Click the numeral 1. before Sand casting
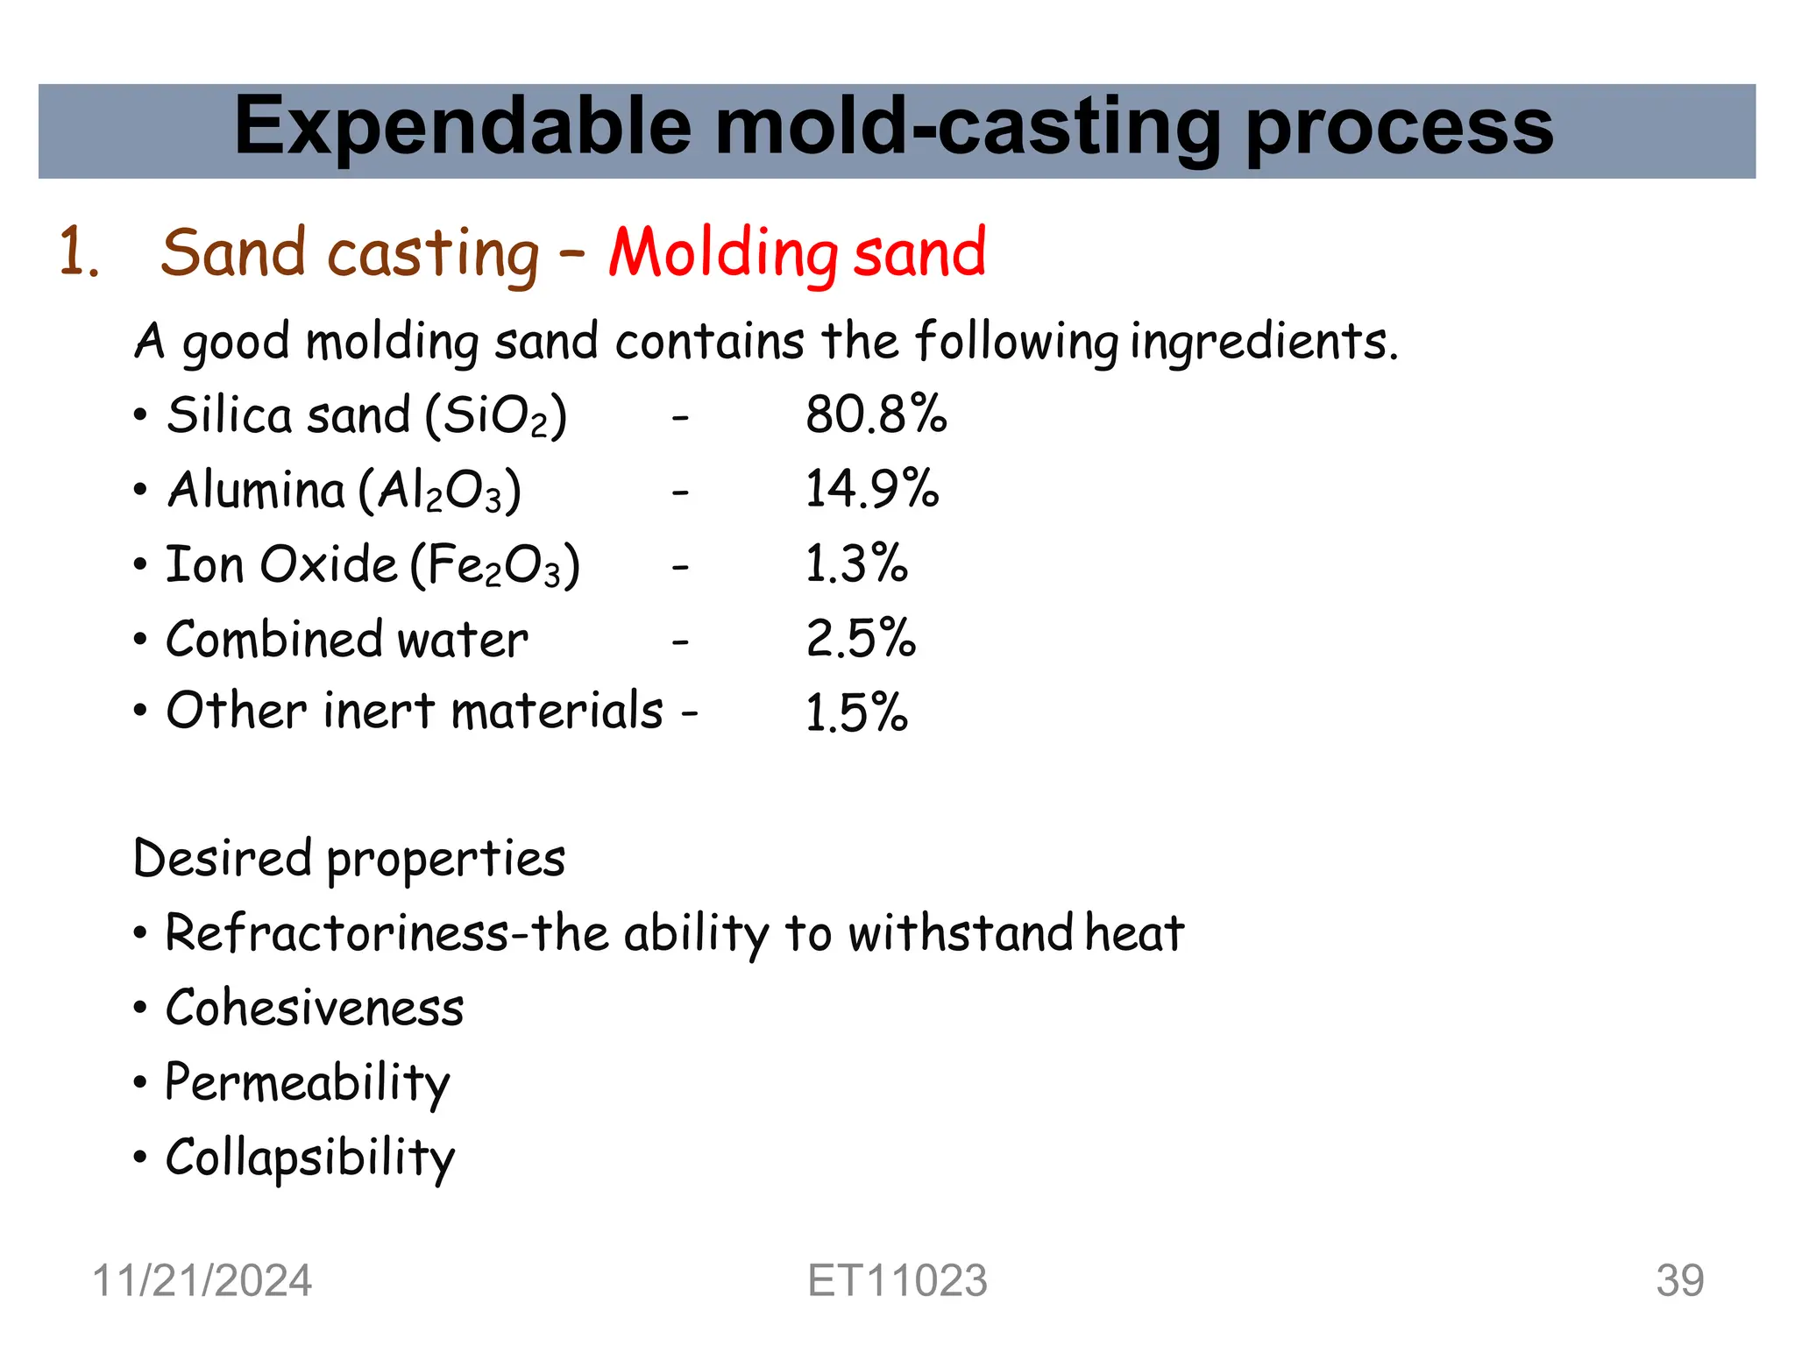coord(78,253)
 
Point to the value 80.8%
coord(876,414)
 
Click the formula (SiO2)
coord(496,415)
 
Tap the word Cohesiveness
coord(315,1008)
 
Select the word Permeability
coord(308,1083)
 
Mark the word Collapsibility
coord(310,1158)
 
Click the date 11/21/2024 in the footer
coord(202,1280)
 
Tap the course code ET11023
coord(897,1280)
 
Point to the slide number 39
coord(1679,1280)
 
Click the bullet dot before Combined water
coord(140,640)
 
